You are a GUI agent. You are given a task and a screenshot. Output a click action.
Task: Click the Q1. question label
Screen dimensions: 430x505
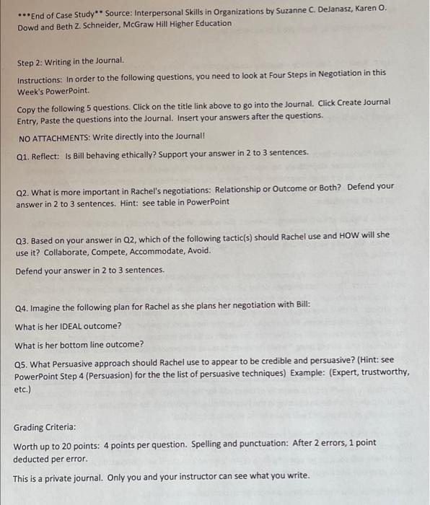click(x=23, y=153)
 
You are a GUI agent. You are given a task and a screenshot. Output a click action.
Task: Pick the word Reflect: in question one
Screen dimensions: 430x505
click(x=48, y=153)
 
